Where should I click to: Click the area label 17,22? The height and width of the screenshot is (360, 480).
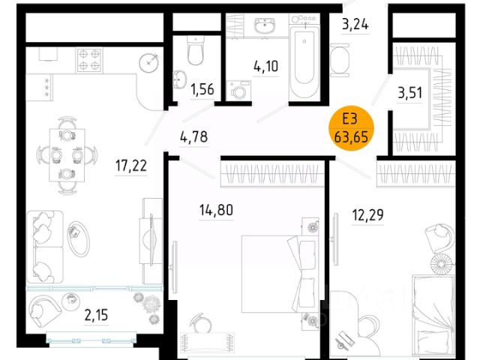click(131, 166)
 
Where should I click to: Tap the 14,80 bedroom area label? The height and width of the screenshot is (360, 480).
click(216, 210)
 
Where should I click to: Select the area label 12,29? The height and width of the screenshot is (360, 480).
click(367, 215)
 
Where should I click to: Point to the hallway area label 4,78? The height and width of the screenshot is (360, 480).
click(194, 136)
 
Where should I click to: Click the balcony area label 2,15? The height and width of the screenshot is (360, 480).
click(96, 315)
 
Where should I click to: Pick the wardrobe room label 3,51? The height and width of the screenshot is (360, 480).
click(410, 93)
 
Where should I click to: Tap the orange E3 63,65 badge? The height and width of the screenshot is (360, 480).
click(351, 128)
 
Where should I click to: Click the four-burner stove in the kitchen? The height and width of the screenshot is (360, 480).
click(89, 60)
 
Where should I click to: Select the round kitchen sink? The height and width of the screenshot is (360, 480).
click(149, 63)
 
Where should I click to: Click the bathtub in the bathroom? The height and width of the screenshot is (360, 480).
click(304, 63)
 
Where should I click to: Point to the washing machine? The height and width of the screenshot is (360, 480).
click(238, 90)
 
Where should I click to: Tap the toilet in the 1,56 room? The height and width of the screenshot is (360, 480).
click(195, 50)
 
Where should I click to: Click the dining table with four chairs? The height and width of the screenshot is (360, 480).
click(67, 155)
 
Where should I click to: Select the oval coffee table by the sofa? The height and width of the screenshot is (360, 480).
click(78, 238)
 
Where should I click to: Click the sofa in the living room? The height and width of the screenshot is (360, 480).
click(45, 247)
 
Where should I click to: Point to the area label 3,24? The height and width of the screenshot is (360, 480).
click(355, 24)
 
